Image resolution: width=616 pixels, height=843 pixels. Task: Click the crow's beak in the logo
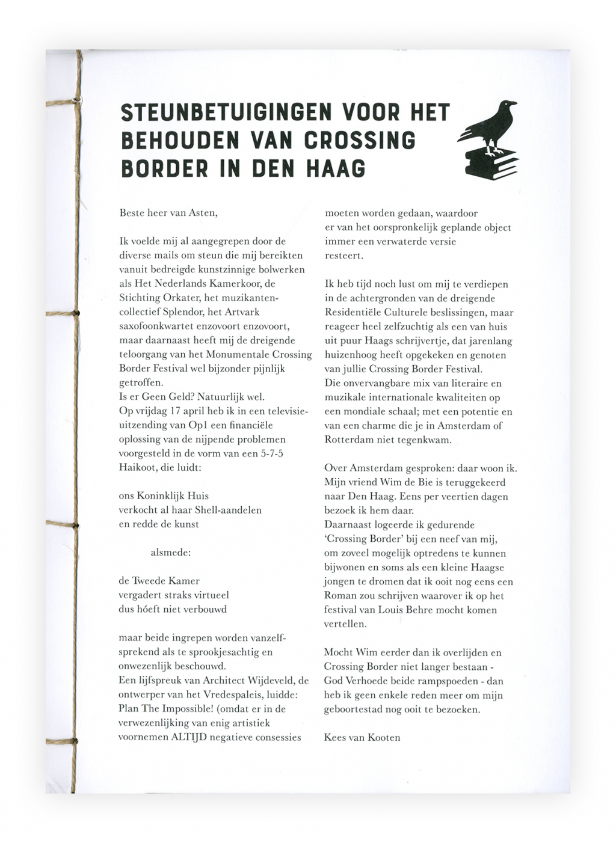point(514,104)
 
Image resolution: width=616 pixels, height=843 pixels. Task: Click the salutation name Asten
point(202,213)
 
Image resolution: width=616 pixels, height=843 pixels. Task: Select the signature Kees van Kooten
point(362,737)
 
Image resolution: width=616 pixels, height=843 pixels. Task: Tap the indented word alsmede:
point(171,552)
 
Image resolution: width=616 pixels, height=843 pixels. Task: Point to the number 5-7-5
point(269,453)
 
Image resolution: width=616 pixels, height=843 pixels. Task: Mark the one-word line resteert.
point(343,256)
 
